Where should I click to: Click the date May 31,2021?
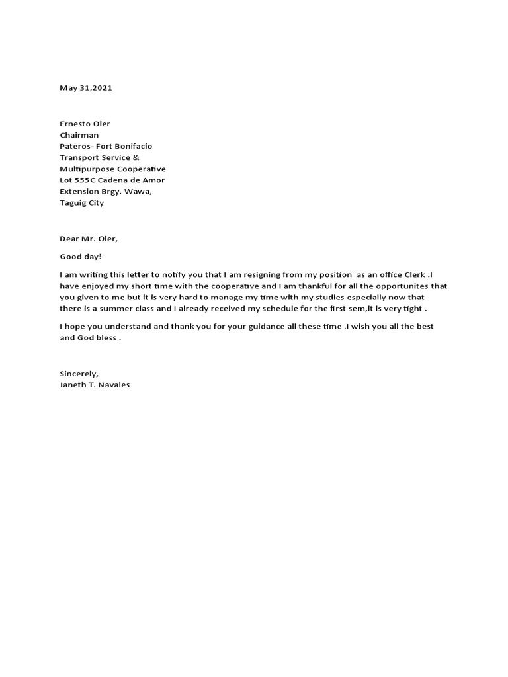(x=86, y=88)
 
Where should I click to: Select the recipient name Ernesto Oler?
(x=85, y=124)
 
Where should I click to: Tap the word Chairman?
(x=79, y=135)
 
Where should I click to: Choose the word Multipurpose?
(x=85, y=169)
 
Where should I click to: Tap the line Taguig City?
(x=81, y=203)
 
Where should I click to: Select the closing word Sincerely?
(x=79, y=374)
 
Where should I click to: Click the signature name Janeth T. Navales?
(x=95, y=385)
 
